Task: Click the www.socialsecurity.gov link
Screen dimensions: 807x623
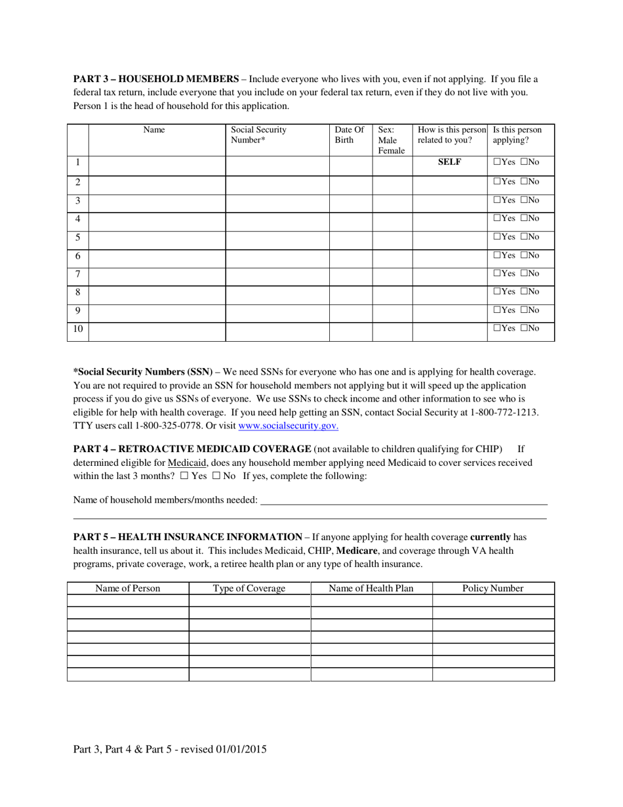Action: click(x=288, y=426)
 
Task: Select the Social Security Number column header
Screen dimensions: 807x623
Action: click(x=258, y=135)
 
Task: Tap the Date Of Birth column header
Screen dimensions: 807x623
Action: click(x=349, y=135)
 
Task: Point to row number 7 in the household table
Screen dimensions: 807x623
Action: click(x=77, y=273)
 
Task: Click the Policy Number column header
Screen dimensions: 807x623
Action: click(x=493, y=589)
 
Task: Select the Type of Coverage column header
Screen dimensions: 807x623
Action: click(x=249, y=589)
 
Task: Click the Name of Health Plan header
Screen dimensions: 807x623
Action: click(x=371, y=589)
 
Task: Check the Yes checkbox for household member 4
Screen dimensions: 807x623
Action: click(x=496, y=218)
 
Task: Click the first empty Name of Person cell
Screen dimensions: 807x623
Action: click(x=128, y=600)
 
